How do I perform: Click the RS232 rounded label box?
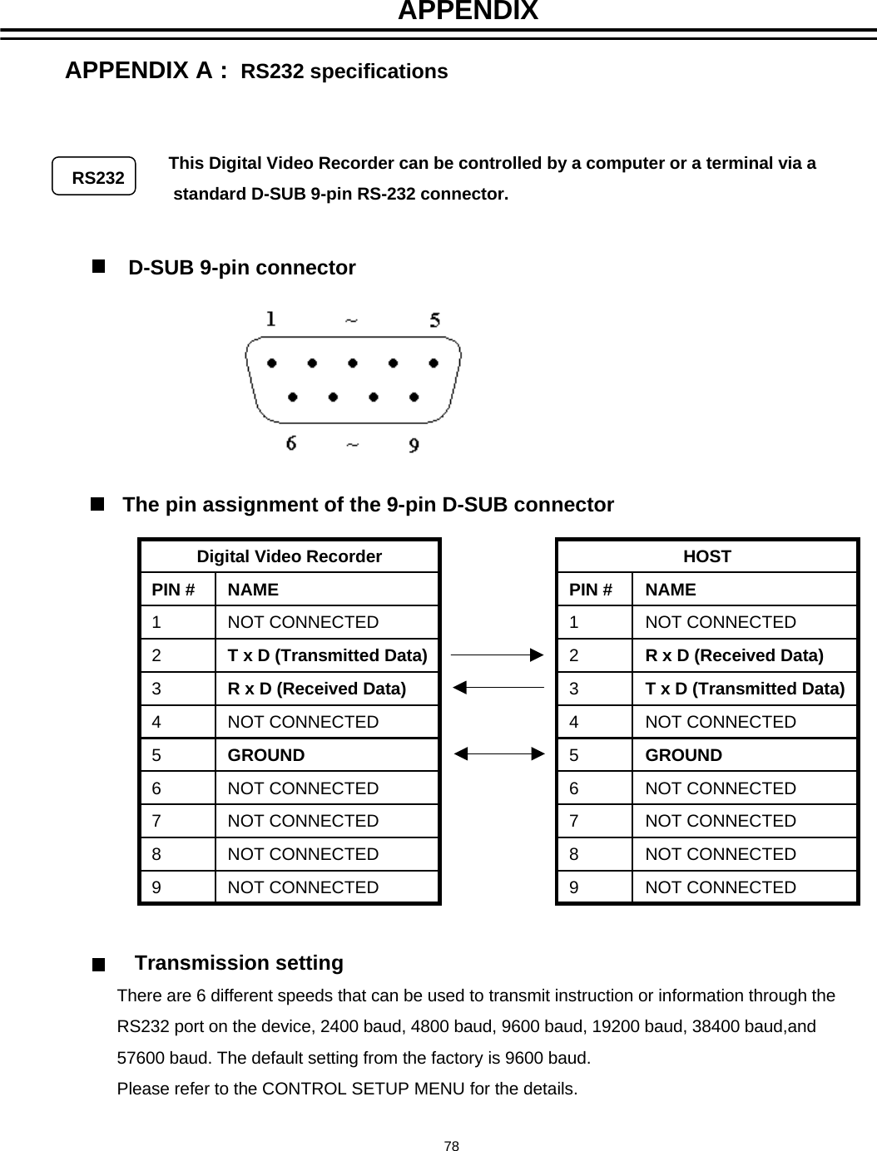(x=94, y=176)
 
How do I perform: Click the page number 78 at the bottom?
(x=451, y=1146)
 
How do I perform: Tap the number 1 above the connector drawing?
(x=270, y=319)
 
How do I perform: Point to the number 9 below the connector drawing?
(x=414, y=446)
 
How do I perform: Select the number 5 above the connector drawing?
(x=434, y=320)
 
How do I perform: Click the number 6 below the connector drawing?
(x=291, y=443)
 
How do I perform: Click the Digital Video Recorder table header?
(x=289, y=556)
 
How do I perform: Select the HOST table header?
(x=706, y=556)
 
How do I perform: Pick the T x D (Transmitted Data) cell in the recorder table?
(x=327, y=655)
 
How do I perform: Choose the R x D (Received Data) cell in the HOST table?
(x=735, y=655)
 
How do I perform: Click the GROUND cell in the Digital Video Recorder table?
(x=266, y=755)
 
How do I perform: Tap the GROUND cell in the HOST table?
(x=684, y=755)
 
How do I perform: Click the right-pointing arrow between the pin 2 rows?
(x=498, y=655)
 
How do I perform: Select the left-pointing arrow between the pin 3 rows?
(x=498, y=688)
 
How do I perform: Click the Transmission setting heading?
(x=239, y=963)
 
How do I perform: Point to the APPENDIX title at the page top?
(x=468, y=12)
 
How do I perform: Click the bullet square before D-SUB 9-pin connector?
(x=99, y=266)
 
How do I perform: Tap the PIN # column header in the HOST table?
(x=591, y=590)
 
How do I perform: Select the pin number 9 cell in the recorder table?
(x=157, y=887)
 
